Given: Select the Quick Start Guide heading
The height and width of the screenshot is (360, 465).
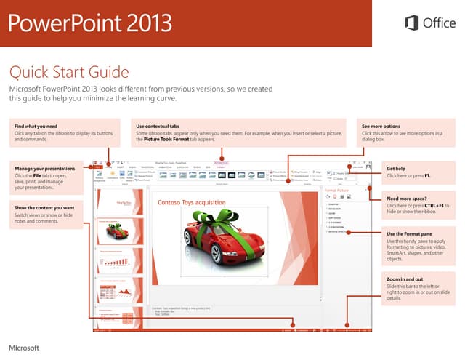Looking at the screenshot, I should click(68, 72).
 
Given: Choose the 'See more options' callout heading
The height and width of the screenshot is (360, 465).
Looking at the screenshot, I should click(381, 126).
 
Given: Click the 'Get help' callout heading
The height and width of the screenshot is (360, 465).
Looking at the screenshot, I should click(397, 169).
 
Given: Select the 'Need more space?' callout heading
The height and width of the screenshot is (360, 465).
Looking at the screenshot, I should click(406, 198).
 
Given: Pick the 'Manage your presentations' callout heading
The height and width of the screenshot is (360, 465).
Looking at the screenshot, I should click(46, 169).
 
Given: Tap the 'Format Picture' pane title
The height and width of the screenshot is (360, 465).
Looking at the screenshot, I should click(336, 190).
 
